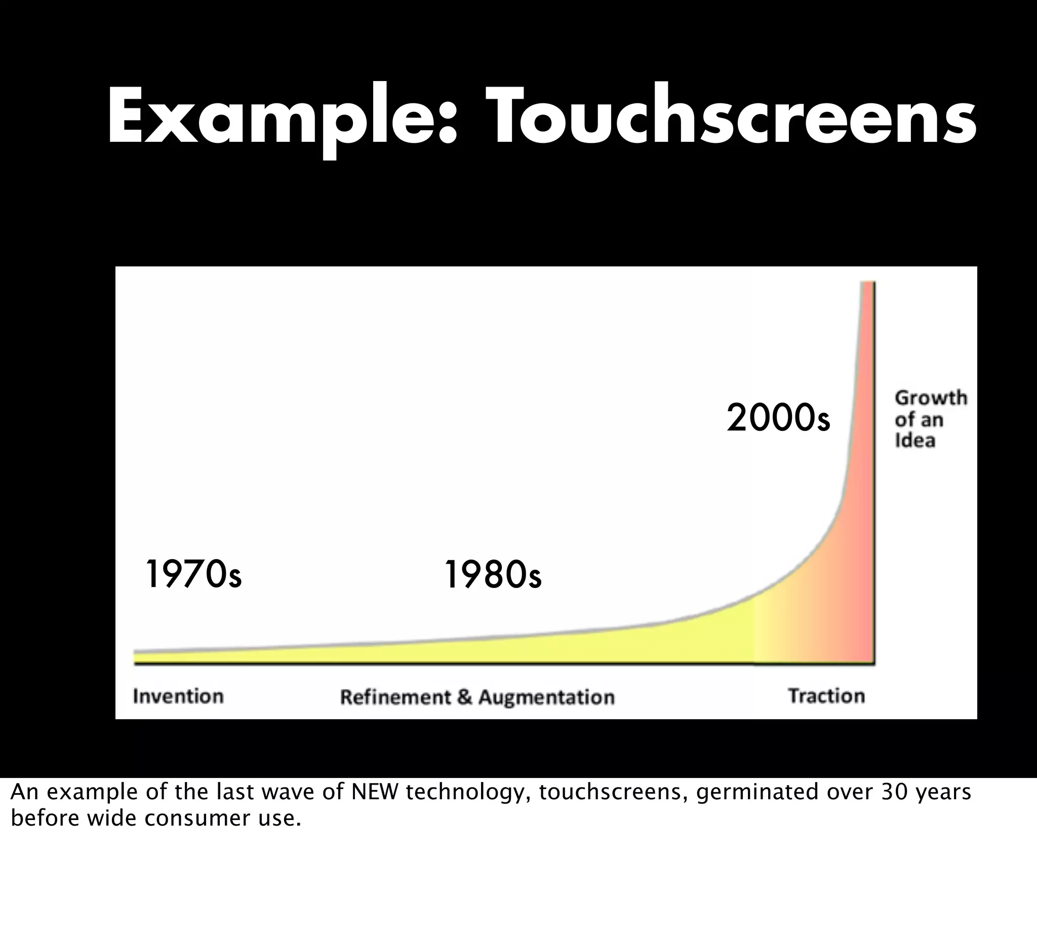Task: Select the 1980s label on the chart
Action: coord(493,575)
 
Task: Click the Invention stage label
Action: coord(178,696)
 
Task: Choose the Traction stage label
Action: coord(827,696)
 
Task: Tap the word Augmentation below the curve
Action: coord(546,697)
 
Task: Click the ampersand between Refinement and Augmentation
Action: coord(464,697)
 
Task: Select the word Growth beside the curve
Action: coord(931,398)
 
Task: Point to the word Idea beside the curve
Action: coord(914,441)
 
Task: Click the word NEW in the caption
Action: coord(375,793)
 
